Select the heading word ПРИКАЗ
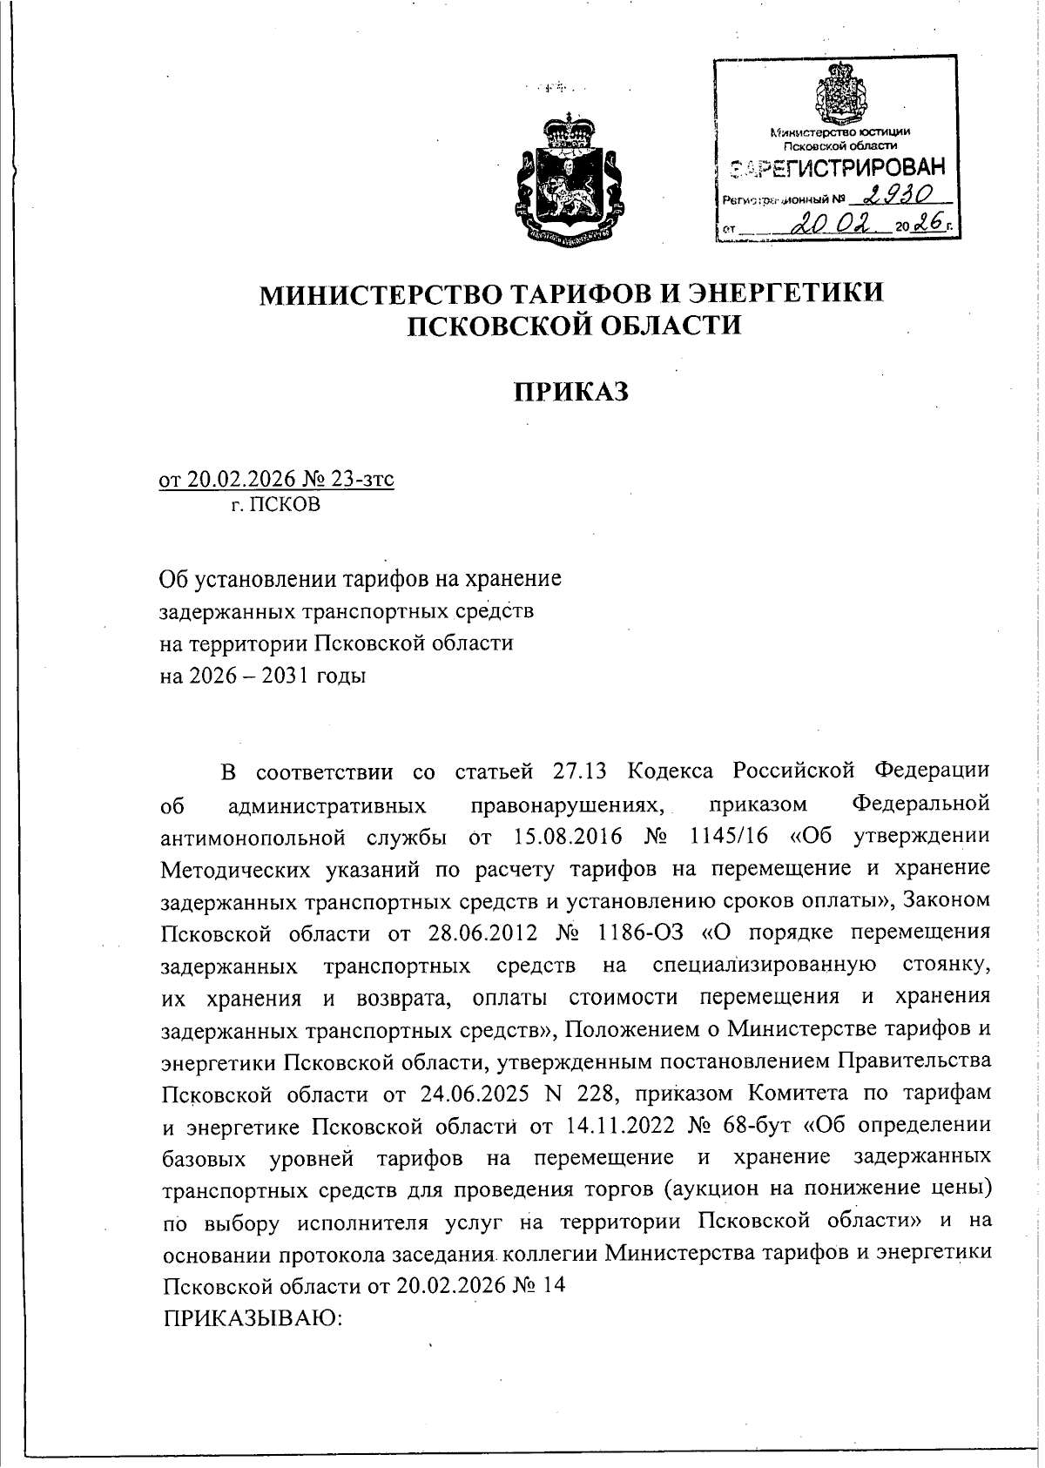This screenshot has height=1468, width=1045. point(570,392)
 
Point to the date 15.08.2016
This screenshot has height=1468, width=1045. point(568,837)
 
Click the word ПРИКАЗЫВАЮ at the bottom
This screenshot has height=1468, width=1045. point(253,1318)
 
